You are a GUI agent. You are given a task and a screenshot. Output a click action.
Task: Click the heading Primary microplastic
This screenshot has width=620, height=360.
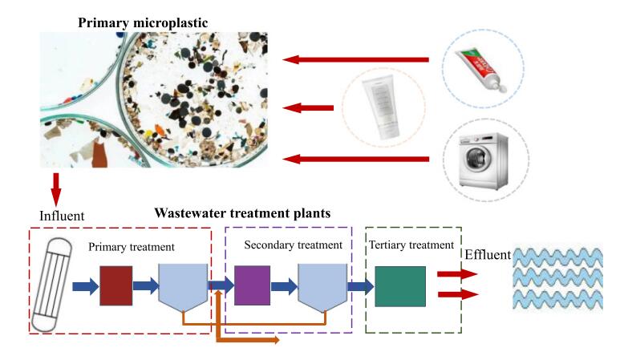pos(142,22)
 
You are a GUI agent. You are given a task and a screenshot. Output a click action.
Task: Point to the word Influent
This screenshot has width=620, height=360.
pos(61,215)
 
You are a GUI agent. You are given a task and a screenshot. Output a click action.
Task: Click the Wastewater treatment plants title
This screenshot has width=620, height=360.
pos(242,213)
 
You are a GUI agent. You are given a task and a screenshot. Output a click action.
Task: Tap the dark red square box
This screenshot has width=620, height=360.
pos(116,286)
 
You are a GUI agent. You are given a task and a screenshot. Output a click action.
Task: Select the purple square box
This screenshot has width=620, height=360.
pos(252,286)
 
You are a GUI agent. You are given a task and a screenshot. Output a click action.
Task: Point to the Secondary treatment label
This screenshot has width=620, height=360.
pos(286,244)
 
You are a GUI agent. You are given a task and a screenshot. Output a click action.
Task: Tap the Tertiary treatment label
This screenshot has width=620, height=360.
pos(411,244)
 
